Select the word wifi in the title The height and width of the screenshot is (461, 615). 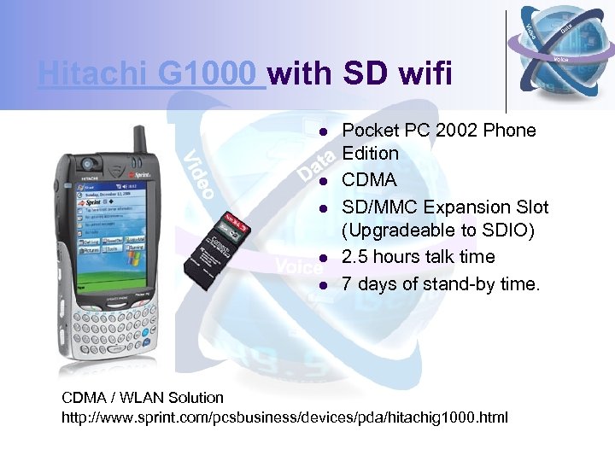[x=421, y=74]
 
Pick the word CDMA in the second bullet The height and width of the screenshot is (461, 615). [x=369, y=180]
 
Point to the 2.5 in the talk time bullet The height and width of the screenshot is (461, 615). [x=358, y=257]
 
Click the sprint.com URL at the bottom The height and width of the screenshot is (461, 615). [x=284, y=417]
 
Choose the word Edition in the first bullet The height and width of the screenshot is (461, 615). [x=371, y=154]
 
